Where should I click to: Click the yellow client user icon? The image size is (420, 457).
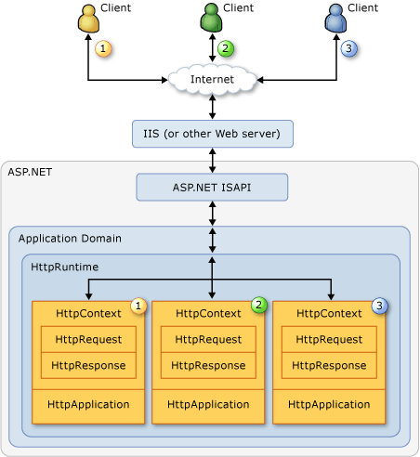coord(88,18)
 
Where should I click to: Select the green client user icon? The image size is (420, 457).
coord(212,18)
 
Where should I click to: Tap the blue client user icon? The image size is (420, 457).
coord(335,18)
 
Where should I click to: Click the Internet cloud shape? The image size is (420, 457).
coord(212,80)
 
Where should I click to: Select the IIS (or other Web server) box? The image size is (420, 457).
coord(212,133)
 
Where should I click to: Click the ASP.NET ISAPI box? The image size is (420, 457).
coord(212,187)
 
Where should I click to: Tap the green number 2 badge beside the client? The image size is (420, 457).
coord(224,48)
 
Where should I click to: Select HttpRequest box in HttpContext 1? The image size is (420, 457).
coord(88,339)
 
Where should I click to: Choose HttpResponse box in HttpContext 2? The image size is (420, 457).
coord(209,365)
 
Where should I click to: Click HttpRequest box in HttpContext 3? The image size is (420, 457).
coord(329,339)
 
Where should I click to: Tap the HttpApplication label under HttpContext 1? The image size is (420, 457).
coord(88,405)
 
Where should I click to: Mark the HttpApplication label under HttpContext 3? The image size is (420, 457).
coord(329,405)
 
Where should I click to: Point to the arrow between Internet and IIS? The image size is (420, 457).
coord(214,106)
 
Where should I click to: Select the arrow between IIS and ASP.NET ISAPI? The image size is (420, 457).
coord(214,160)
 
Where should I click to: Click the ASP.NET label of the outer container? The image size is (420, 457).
coord(29,173)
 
